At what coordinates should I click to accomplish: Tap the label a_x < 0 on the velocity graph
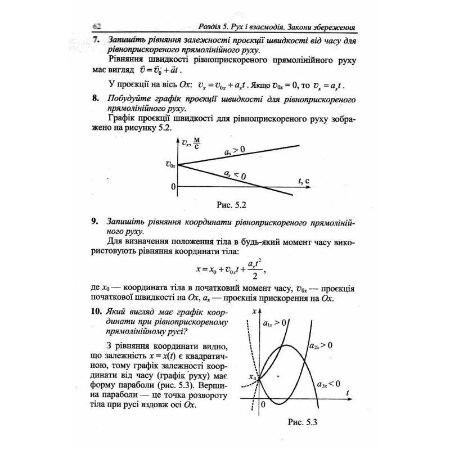pos(235,175)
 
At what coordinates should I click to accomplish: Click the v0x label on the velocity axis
pos(170,165)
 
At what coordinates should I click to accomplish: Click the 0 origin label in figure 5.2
pos(173,186)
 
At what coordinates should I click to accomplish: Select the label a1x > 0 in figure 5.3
pos(276,322)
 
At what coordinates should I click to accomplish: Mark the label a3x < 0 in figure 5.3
pos(328,384)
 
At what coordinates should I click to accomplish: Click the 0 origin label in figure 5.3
pos(262,404)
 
